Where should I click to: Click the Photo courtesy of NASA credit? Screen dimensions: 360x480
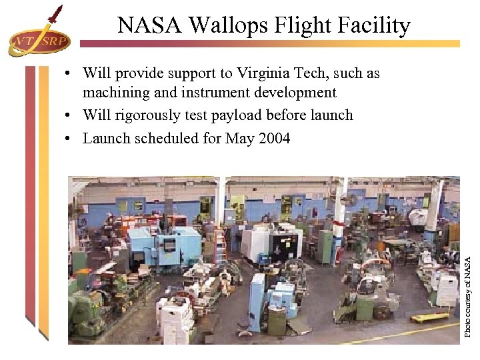pyautogui.click(x=469, y=287)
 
